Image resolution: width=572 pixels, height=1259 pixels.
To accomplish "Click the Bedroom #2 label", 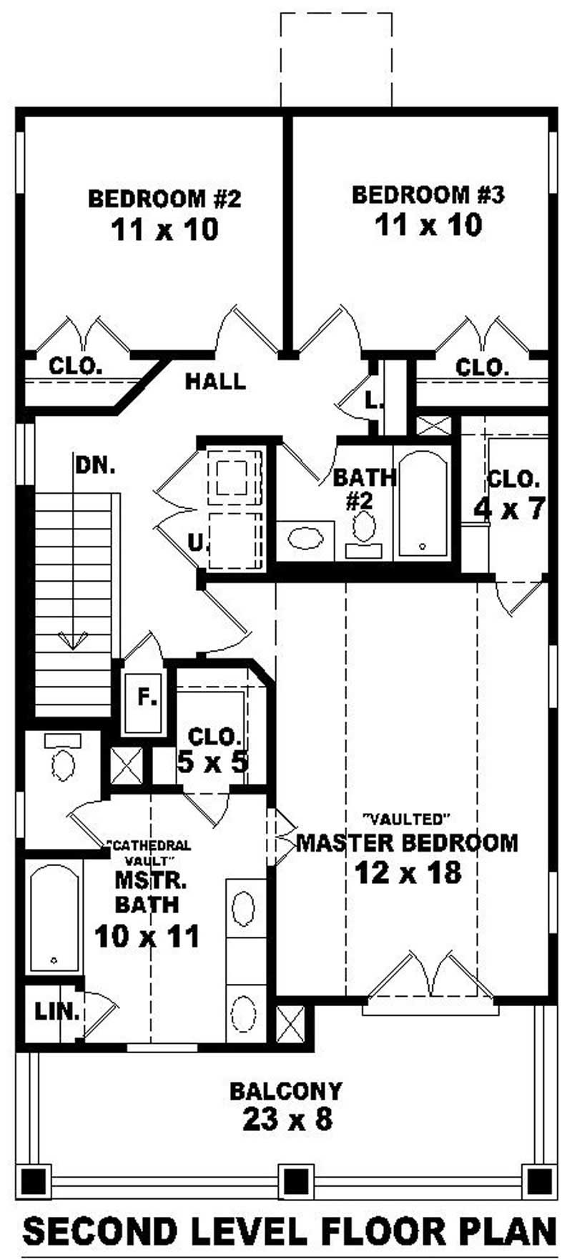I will [x=164, y=198].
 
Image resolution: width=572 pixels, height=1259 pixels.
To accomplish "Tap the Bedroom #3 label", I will [x=428, y=194].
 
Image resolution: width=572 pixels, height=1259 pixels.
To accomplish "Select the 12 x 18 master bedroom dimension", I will [x=408, y=872].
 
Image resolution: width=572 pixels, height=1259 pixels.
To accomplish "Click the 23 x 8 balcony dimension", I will [x=287, y=1118].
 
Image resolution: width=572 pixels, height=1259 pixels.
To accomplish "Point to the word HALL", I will [x=215, y=382].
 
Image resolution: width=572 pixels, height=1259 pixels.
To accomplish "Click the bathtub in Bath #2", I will [x=422, y=503].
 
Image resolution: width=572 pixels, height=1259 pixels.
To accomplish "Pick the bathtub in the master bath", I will [x=54, y=917].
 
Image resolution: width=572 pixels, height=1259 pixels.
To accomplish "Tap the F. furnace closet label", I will [x=147, y=698].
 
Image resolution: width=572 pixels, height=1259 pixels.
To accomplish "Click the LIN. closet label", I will [x=56, y=1011].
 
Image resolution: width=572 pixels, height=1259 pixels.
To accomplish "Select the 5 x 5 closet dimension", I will [x=212, y=763].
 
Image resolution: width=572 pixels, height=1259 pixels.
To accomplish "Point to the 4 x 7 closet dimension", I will [x=510, y=509].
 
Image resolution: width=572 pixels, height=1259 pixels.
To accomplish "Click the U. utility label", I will [x=196, y=543].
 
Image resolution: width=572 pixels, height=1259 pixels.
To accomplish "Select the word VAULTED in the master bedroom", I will [x=406, y=817].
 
